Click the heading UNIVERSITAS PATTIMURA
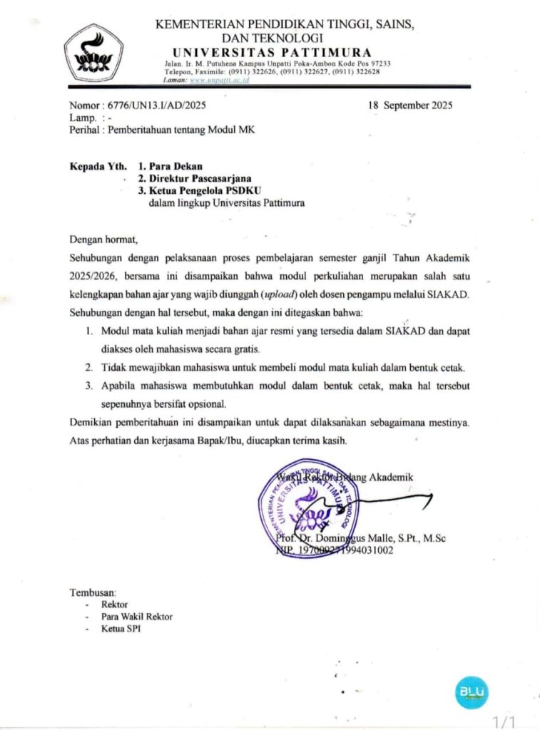click(x=272, y=52)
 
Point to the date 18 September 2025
click(x=409, y=105)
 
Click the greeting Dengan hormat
click(x=102, y=238)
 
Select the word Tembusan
click(x=92, y=592)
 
